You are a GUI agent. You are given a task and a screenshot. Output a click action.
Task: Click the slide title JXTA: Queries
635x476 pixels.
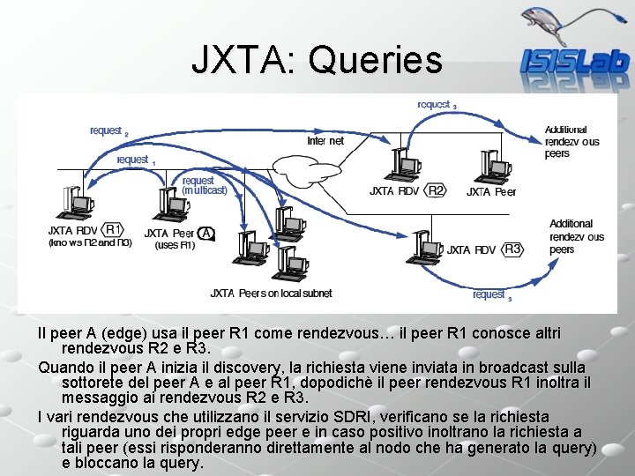[x=317, y=60]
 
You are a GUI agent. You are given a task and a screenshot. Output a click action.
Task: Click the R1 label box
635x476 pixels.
[x=114, y=229]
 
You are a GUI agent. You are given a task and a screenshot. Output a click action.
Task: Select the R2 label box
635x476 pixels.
[x=436, y=190]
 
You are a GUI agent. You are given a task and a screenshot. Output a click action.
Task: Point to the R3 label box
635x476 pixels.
[x=513, y=249]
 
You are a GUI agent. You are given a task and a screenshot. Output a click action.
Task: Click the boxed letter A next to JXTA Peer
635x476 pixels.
[x=205, y=233]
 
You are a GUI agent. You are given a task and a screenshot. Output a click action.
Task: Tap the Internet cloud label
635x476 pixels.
[x=325, y=141]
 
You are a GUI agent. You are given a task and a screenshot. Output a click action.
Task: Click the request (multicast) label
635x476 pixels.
[x=204, y=185]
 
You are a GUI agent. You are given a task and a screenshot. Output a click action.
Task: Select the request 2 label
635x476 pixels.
[x=108, y=131]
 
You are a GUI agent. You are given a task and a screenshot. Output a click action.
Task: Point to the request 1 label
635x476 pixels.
[x=135, y=160]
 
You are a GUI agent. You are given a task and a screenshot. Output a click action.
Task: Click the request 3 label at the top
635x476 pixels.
[x=436, y=104]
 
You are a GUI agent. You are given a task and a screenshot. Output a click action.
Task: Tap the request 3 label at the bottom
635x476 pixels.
[x=491, y=294]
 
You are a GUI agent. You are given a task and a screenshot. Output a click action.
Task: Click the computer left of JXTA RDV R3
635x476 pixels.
[x=422, y=246]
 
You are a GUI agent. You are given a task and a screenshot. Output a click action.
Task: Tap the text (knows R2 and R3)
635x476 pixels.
[x=90, y=242]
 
